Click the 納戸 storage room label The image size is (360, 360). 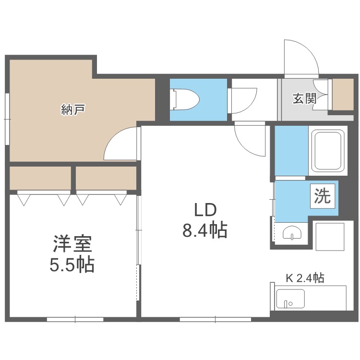(73, 109)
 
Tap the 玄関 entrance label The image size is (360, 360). (304, 98)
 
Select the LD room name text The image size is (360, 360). (205, 210)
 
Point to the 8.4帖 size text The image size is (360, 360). (205, 230)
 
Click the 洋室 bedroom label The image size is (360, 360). (72, 244)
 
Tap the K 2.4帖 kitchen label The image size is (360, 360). (305, 278)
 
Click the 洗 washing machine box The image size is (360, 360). (323, 196)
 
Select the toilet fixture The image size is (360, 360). (186, 99)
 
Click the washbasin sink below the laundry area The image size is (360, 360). (292, 233)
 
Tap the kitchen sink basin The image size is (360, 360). (290, 299)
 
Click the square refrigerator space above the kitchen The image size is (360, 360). (330, 237)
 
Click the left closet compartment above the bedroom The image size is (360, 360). (40, 178)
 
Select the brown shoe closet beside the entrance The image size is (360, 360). (343, 95)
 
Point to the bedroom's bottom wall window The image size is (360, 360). (75, 319)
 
